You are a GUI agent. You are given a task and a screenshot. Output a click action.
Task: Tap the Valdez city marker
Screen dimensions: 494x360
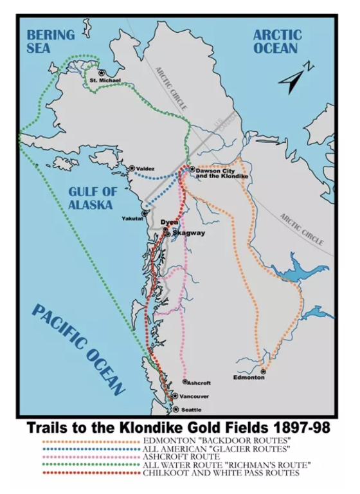[x=132, y=168]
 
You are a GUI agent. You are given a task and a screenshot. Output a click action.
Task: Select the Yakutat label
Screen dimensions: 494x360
[x=132, y=219]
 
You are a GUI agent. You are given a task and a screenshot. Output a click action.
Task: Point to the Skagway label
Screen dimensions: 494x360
[x=189, y=233]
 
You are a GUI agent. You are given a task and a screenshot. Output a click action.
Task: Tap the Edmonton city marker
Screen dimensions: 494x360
[x=264, y=370]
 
